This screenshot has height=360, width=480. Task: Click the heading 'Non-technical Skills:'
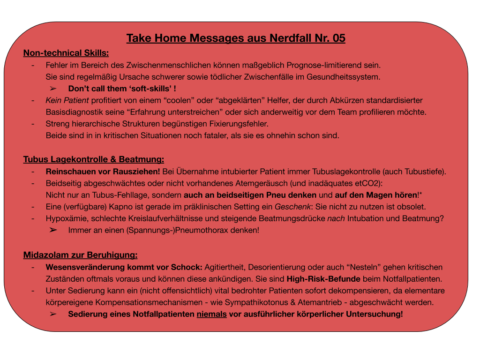(66, 53)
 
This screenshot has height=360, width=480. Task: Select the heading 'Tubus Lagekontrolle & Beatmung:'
(94, 159)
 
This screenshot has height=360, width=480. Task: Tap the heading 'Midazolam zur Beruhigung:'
(80, 255)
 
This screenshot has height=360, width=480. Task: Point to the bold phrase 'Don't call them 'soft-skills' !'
(122, 88)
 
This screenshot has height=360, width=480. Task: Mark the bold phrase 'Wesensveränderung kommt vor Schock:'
(124, 267)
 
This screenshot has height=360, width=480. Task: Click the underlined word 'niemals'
(211, 315)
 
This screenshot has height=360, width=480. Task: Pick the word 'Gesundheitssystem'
(347, 76)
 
